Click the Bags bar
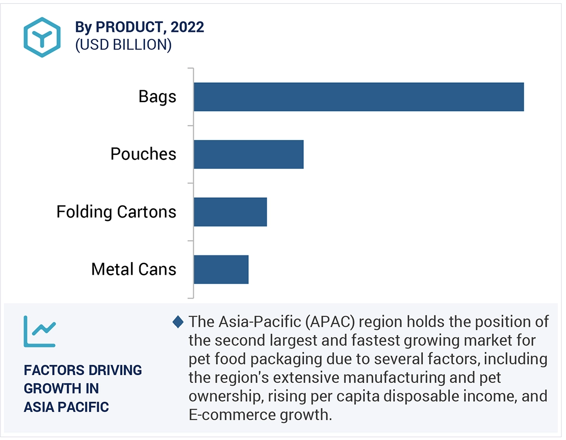point(358,97)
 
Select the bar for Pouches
point(249,155)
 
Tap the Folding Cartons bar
point(230,212)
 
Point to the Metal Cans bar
point(221,269)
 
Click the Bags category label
point(157,96)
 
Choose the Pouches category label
point(143,154)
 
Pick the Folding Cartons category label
point(116,212)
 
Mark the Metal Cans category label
point(134,269)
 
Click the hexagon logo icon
point(42,37)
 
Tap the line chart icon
point(40,331)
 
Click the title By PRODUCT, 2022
point(139,27)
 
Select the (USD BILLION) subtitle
point(123,45)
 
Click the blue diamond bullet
point(178,322)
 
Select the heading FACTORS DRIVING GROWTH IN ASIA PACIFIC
point(83,388)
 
